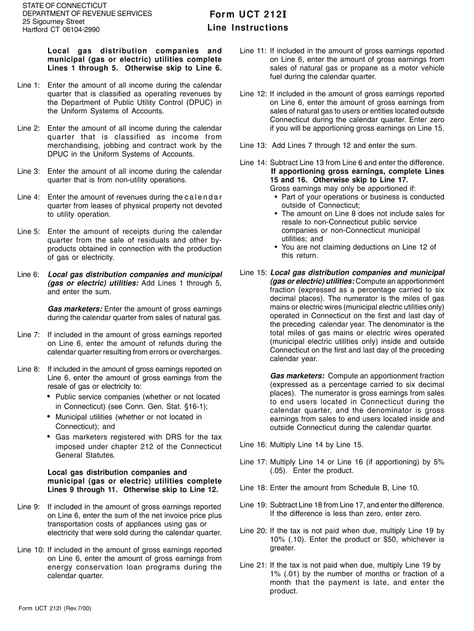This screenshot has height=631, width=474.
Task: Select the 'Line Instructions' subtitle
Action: point(247,28)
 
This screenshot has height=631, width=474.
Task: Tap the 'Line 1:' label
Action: point(28,85)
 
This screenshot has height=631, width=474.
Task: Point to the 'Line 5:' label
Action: point(28,232)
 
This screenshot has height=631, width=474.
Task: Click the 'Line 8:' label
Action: point(28,369)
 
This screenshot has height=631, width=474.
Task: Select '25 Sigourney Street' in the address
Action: point(54,21)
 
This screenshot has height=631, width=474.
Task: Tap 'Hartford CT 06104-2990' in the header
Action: point(61,30)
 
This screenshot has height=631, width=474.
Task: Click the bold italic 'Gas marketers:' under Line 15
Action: point(298,376)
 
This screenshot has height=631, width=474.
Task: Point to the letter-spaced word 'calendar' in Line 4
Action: point(203,197)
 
